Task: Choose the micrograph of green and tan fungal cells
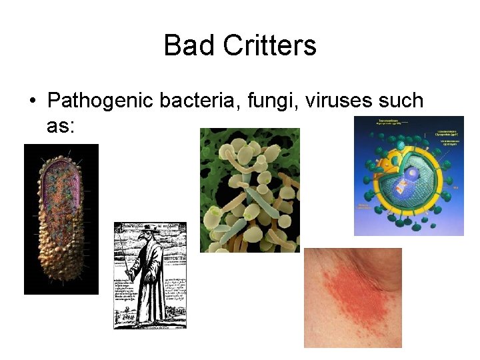click(250, 190)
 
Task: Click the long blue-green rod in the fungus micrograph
click(261, 200)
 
